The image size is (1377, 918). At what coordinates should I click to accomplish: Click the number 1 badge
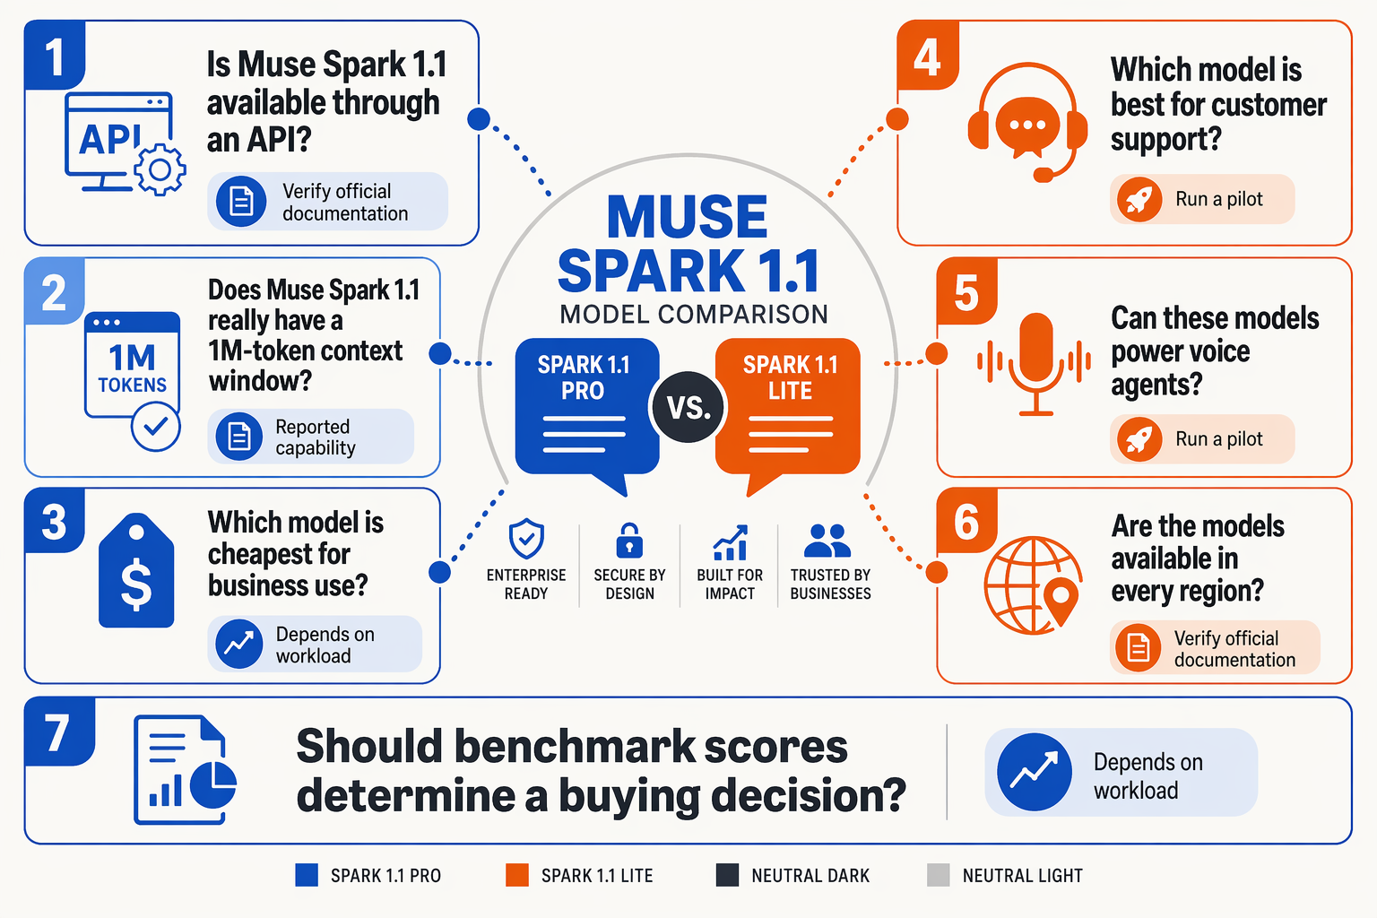click(55, 56)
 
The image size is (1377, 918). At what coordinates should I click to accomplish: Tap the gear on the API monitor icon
click(160, 169)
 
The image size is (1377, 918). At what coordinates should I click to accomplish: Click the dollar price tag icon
click(136, 570)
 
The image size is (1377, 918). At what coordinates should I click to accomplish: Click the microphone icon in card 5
click(1035, 364)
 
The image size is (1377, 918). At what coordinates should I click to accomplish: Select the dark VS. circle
click(688, 407)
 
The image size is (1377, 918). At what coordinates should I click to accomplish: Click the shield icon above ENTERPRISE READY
click(526, 539)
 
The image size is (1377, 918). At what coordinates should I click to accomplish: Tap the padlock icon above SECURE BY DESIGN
click(628, 541)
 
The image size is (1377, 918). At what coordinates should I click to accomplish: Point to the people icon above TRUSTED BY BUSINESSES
click(827, 541)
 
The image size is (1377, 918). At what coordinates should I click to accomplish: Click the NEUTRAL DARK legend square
click(727, 875)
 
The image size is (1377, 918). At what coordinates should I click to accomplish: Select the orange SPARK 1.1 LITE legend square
click(517, 875)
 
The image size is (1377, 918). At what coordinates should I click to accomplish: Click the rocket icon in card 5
click(1139, 439)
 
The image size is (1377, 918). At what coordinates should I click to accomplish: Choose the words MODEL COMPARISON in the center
click(694, 314)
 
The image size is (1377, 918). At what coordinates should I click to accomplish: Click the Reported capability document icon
click(239, 437)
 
